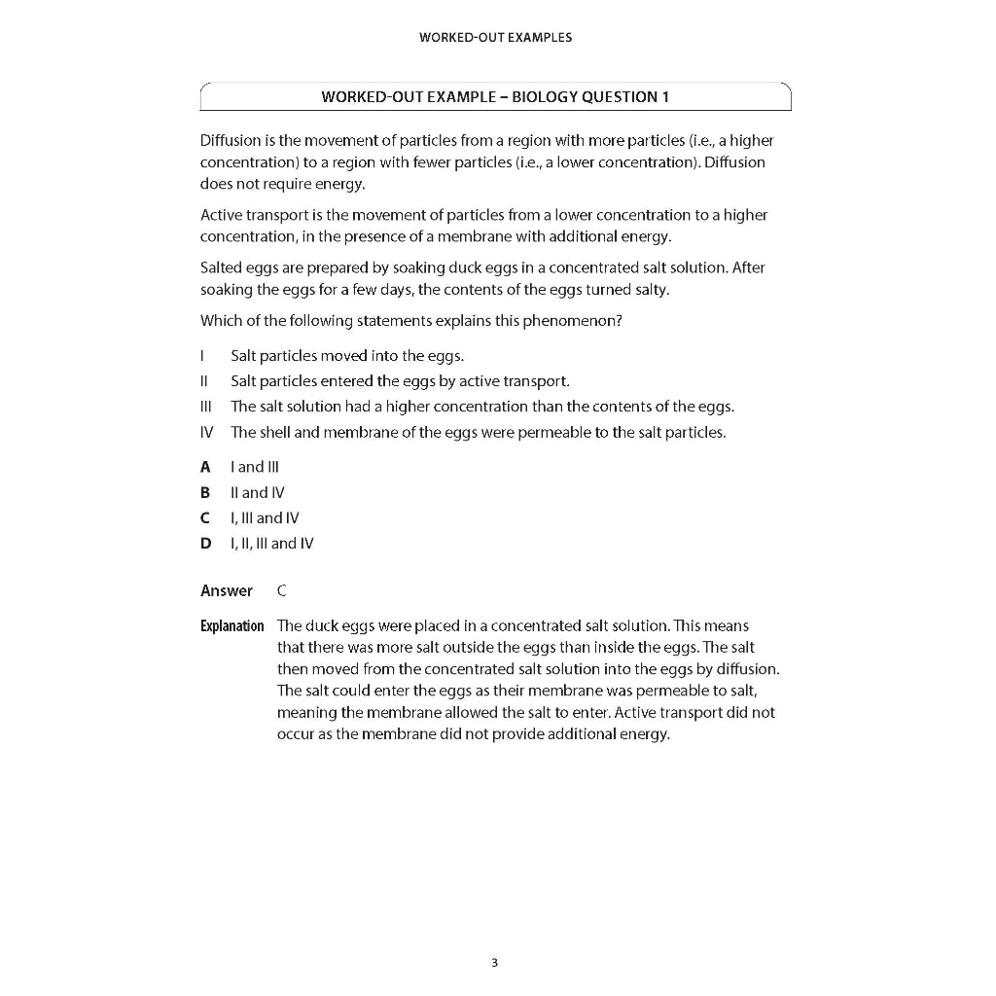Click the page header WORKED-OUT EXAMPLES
[x=495, y=38]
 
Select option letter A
[x=205, y=467]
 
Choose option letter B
[x=205, y=492]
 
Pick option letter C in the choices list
[x=205, y=518]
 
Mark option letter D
[x=205, y=544]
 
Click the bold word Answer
[x=227, y=590]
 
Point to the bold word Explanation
[x=231, y=625]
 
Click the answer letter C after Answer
[x=282, y=590]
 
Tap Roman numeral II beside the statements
[x=204, y=380]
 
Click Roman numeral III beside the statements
[x=205, y=407]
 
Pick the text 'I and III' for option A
[x=255, y=467]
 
